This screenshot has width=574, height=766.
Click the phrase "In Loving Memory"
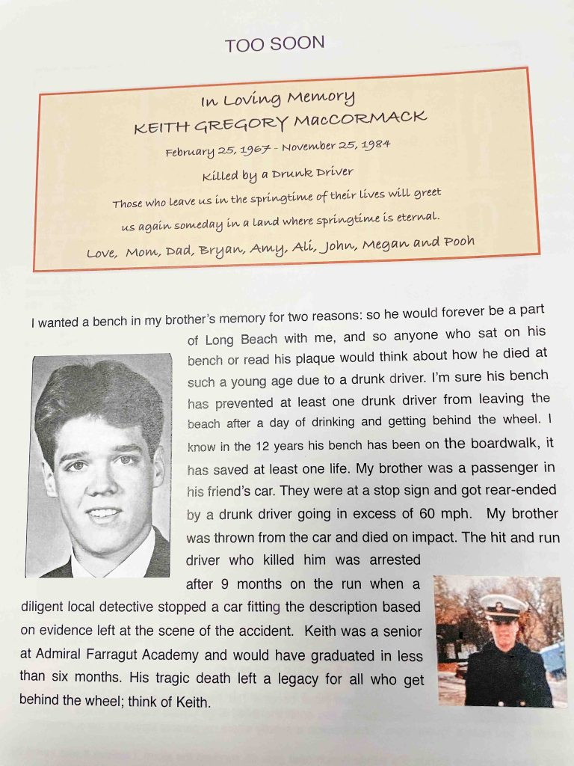coord(277,99)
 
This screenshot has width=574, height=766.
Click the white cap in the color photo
coord(504,604)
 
